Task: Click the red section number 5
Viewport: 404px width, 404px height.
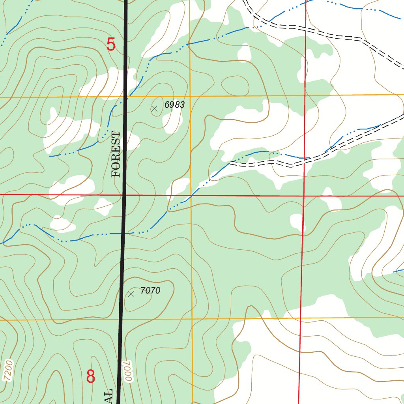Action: [x=111, y=44]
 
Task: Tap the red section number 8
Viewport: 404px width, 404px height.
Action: [x=91, y=376]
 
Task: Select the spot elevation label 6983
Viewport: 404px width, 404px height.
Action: [x=174, y=105]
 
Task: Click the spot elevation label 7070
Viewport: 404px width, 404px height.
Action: [x=150, y=291]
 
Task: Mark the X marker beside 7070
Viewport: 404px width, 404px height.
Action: [x=131, y=294]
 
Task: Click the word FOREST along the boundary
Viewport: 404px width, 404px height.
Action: [x=116, y=154]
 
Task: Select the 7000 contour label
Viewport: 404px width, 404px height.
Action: [x=128, y=371]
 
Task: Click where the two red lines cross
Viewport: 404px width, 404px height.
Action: [x=304, y=195]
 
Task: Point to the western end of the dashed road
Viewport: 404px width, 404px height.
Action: [x=231, y=163]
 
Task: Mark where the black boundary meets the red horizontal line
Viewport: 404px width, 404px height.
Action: [x=124, y=195]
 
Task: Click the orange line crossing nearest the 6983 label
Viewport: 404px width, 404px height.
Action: [x=190, y=95]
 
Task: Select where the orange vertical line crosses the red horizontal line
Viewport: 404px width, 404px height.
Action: [x=191, y=195]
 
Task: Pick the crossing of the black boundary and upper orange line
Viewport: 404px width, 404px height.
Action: [x=126, y=96]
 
